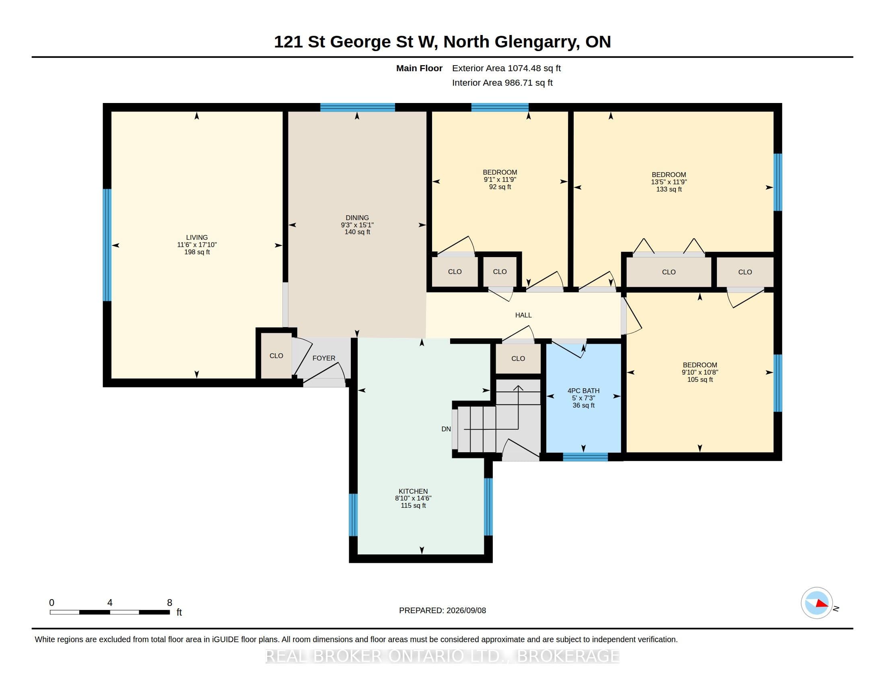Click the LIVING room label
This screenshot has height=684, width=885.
(x=197, y=237)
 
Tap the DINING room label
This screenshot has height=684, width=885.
(x=357, y=218)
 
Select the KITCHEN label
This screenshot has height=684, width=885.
(x=413, y=491)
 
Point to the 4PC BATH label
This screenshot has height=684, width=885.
(x=584, y=391)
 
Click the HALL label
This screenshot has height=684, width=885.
(x=523, y=315)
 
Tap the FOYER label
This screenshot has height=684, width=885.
(x=324, y=358)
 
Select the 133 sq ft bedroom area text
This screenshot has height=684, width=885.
(x=669, y=189)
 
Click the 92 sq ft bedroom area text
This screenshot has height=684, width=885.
(x=500, y=187)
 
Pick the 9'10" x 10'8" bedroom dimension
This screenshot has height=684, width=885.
(x=700, y=373)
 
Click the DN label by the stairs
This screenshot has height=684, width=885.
(x=446, y=429)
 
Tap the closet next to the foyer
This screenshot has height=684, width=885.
(x=276, y=356)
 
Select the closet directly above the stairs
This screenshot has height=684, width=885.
(x=518, y=358)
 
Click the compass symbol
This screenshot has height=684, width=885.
(x=817, y=603)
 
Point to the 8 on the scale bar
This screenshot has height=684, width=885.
(x=170, y=603)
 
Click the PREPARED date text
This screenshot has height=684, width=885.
(x=442, y=610)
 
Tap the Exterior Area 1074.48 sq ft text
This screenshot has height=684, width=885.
(x=506, y=68)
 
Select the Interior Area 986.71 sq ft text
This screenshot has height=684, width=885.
(x=502, y=82)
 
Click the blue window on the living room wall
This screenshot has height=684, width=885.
(x=107, y=245)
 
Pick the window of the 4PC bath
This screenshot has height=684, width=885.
(x=586, y=457)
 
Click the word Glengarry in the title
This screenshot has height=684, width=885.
(x=537, y=42)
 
